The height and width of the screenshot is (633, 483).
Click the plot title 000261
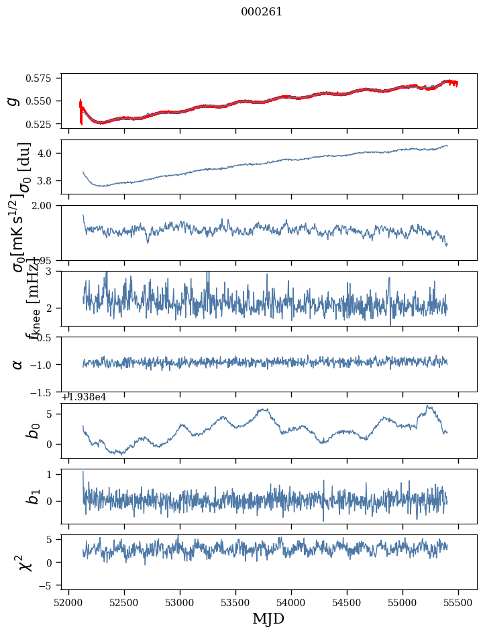coord(262,12)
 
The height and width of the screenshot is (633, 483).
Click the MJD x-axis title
coord(268,619)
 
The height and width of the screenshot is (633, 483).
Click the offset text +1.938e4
coord(84,397)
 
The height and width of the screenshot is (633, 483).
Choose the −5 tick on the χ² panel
coord(50,586)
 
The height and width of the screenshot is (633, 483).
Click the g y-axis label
coord(13,101)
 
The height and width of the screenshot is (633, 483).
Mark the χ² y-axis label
coord(18,563)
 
